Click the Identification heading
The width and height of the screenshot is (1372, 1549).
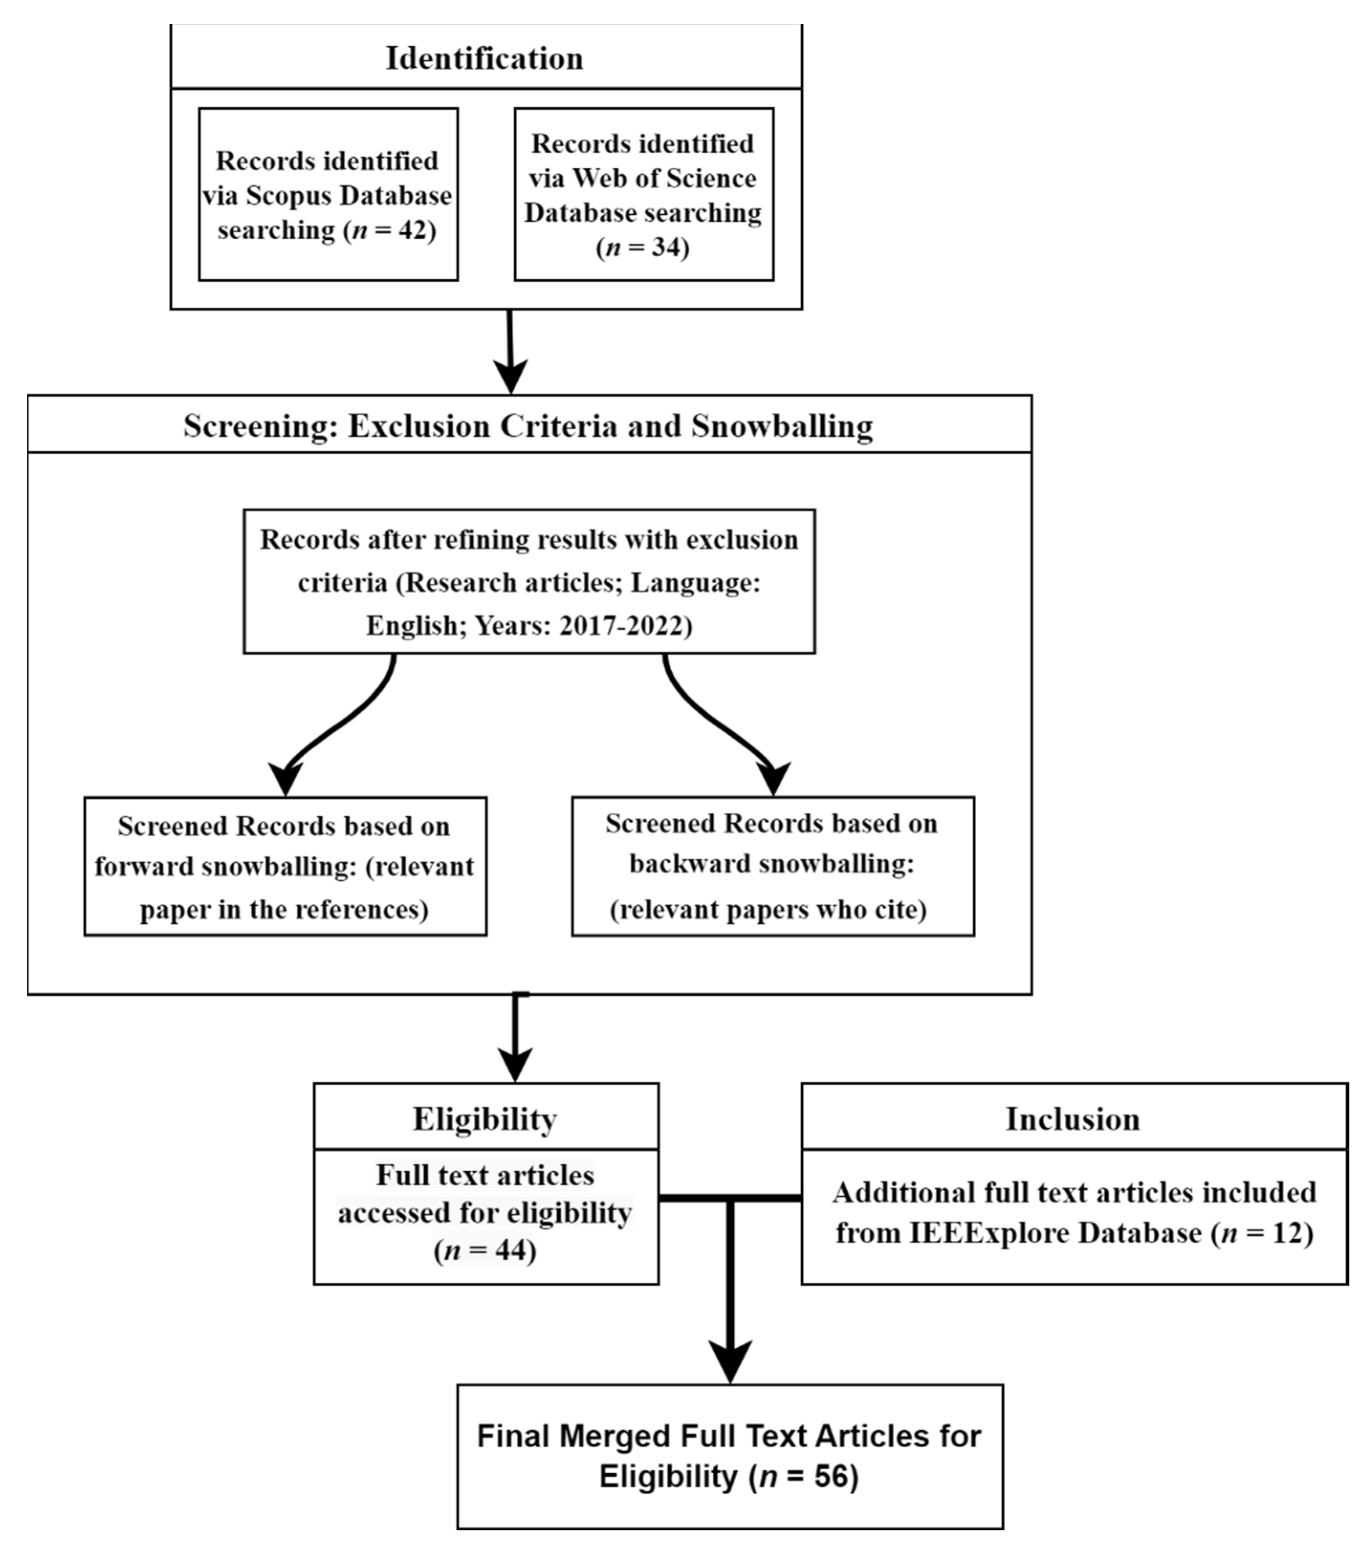click(x=484, y=58)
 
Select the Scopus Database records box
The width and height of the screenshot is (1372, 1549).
click(x=328, y=194)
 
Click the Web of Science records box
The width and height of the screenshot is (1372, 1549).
click(x=643, y=194)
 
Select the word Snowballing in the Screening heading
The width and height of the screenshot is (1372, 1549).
click(x=782, y=426)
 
